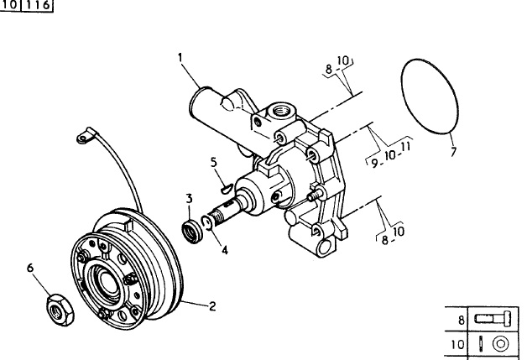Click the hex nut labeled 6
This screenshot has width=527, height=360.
tap(60, 310)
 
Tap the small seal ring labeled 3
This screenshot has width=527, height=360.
tap(192, 232)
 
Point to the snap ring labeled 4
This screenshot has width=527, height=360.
tap(207, 223)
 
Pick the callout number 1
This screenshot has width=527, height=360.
tap(180, 57)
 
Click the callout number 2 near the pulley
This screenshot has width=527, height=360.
tap(212, 306)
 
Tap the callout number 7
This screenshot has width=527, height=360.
tap(453, 152)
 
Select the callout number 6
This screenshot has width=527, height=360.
tap(30, 268)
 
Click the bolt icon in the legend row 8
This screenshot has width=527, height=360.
tap(493, 318)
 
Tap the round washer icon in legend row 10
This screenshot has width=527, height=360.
tap(500, 344)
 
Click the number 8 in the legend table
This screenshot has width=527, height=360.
tap(462, 320)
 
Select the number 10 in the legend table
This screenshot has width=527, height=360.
tap(457, 345)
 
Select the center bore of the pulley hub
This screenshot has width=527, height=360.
tap(107, 282)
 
